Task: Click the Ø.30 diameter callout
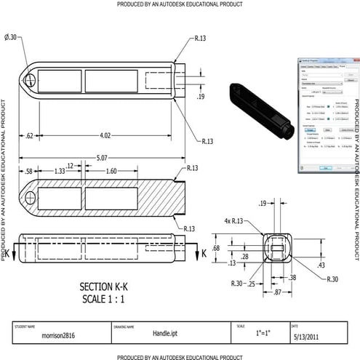(12, 36)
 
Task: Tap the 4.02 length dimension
(105, 135)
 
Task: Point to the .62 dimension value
(29, 135)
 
